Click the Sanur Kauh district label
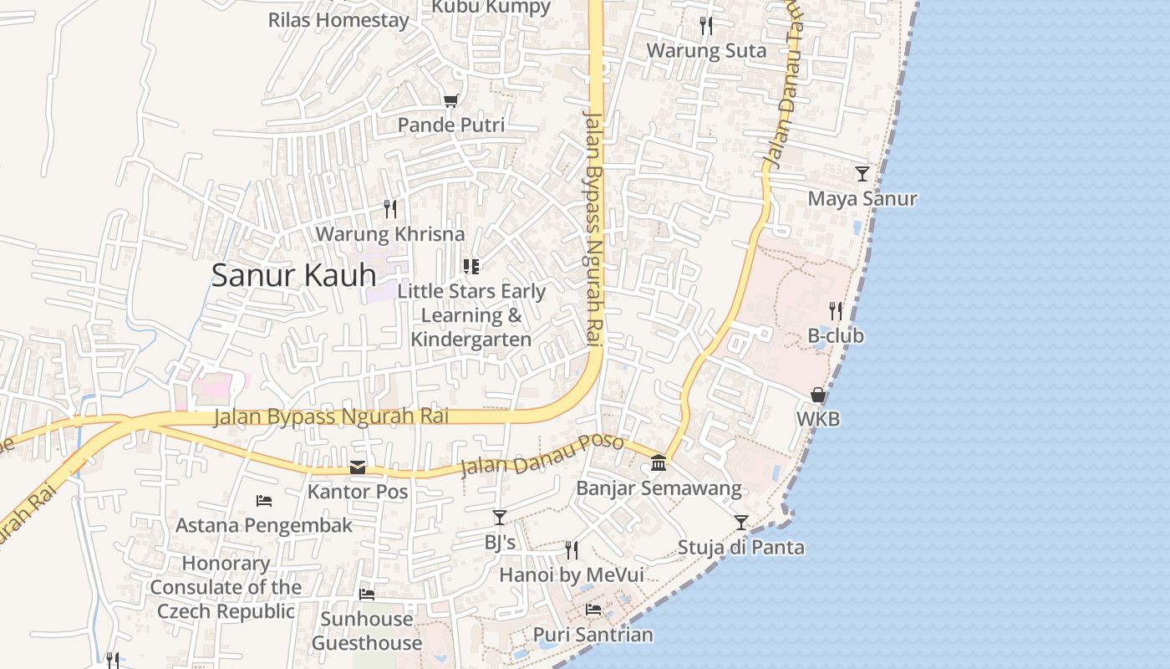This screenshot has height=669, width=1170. [293, 275]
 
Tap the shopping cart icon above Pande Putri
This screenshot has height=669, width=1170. [451, 101]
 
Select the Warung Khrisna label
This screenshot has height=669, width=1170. [389, 234]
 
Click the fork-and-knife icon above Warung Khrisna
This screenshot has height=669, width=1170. [390, 208]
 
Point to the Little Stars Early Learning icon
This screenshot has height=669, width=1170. [471, 267]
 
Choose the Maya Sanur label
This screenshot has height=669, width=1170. [862, 199]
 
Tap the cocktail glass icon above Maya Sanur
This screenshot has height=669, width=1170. [862, 174]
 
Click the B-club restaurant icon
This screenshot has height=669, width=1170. [836, 311]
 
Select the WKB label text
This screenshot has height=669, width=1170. [818, 419]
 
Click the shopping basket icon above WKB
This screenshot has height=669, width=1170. [818, 395]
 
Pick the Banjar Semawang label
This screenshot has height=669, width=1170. [659, 488]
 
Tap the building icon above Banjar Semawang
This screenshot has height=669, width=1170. [659, 462]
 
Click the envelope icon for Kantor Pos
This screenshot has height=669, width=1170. [358, 467]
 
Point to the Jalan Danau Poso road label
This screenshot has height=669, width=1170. [542, 455]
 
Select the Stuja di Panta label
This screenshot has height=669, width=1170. [740, 548]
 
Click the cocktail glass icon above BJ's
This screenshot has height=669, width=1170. [500, 518]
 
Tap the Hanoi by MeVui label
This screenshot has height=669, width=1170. [572, 575]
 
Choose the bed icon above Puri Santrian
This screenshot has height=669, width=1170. [593, 609]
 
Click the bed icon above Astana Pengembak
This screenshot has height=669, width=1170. [264, 501]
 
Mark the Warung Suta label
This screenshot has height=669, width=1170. [706, 51]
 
